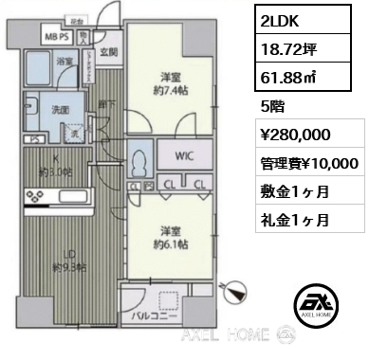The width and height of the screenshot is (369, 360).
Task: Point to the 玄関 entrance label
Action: [x=109, y=51]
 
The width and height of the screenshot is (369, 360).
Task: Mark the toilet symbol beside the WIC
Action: [x=140, y=160]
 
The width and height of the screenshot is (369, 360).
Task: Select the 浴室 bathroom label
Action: [x=65, y=62]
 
